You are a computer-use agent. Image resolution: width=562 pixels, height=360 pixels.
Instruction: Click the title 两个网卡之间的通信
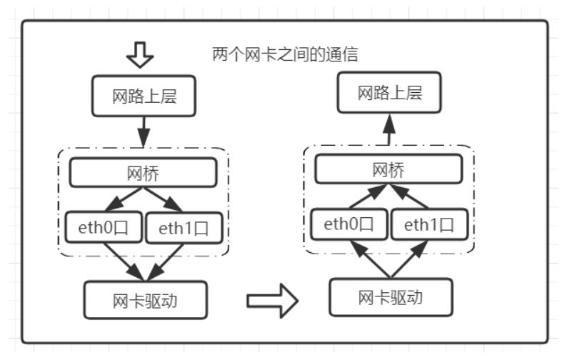pos(285,54)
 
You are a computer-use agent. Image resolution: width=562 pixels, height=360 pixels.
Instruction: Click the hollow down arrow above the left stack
pos(140,55)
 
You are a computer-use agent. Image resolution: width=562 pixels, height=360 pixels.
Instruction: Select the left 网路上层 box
pos(144,96)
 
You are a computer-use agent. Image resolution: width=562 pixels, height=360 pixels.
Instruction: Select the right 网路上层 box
pos(389,93)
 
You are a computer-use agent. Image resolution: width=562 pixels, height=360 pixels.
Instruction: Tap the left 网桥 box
pos(143,172)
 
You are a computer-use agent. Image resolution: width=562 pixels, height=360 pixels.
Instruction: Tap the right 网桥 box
pos(389,169)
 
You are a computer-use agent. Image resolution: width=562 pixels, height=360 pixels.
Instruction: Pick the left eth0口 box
pos(104,227)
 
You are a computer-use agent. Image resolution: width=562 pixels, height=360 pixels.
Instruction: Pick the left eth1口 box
pos(184,228)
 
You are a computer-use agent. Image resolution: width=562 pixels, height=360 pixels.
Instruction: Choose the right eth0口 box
pos(349,224)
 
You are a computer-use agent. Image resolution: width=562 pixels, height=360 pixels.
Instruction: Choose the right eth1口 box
pos(429,225)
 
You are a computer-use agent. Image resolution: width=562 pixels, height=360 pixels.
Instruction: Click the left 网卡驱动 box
pos(146,300)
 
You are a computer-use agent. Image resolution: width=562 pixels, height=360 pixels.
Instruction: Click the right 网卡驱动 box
pos(391,297)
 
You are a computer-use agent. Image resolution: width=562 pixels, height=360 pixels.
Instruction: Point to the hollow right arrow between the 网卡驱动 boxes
pos(272,301)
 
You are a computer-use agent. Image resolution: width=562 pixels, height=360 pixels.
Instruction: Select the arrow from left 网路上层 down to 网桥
pos(144,132)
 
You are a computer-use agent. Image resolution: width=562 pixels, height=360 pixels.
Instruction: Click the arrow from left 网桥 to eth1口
pos(162,199)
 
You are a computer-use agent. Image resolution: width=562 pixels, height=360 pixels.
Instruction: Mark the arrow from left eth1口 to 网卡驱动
pos(165,262)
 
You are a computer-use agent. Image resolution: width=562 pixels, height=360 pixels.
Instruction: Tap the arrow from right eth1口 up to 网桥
pos(409,196)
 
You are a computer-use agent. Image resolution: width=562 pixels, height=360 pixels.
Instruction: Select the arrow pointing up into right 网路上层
pos(389,129)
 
